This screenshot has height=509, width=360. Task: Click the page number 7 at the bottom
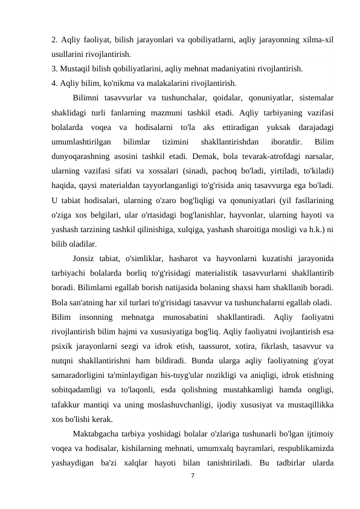(x=191, y=493)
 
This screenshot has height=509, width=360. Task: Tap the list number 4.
(x=55, y=83)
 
